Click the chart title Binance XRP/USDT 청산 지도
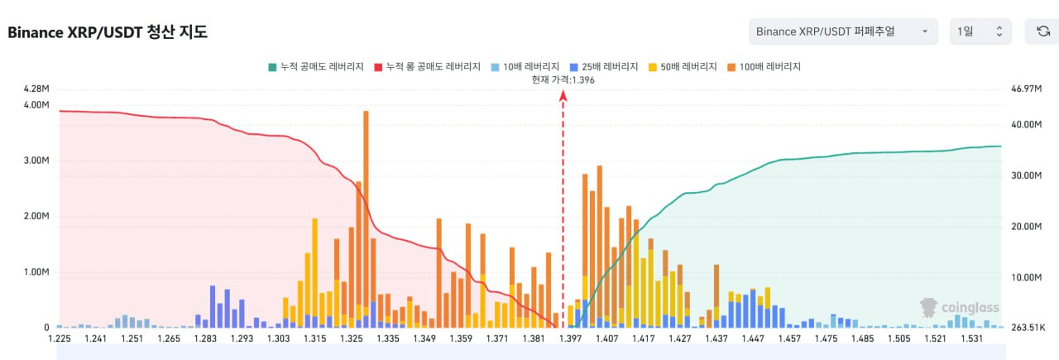click(108, 32)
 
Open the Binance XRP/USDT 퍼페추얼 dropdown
click(842, 31)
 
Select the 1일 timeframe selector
click(980, 31)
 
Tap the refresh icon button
click(1042, 31)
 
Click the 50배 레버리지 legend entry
click(683, 66)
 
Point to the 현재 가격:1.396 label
click(563, 79)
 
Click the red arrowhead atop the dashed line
click(563, 96)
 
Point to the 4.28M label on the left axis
click(36, 89)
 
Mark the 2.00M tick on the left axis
click(36, 216)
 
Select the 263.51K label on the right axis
click(1028, 328)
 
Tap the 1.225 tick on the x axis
click(60, 338)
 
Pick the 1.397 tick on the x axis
click(571, 338)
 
